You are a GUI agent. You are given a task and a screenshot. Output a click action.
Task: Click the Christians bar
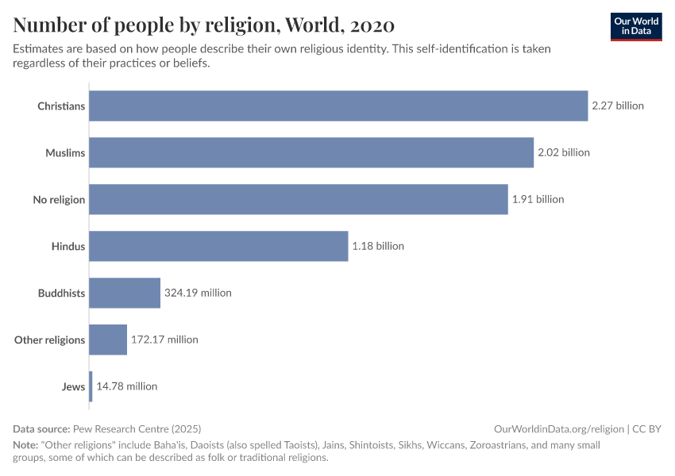[338, 106]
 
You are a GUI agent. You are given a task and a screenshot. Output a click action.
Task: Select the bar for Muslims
[311, 152]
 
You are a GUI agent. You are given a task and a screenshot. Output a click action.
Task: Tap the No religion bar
[298, 199]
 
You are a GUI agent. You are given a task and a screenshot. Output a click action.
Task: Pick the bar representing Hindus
[218, 246]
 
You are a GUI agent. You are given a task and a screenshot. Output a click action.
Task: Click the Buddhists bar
[125, 293]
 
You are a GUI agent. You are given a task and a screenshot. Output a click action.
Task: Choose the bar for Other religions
[108, 340]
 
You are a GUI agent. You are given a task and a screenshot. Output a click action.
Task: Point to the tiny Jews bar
[91, 386]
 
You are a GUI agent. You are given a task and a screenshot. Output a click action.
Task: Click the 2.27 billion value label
[618, 106]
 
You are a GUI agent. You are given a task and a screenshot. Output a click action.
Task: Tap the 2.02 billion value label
[564, 152]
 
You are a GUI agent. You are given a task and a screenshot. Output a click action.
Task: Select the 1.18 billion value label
[378, 246]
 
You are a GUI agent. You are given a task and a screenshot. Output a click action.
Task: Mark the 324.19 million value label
[198, 293]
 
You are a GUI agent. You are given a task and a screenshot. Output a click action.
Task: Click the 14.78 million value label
[127, 386]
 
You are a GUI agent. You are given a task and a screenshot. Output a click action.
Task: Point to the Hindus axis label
[67, 247]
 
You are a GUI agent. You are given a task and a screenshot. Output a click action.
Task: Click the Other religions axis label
[49, 340]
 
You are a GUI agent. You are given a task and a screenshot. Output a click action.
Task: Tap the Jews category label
[73, 387]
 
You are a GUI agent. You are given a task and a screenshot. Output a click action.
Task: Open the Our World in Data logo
[635, 26]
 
